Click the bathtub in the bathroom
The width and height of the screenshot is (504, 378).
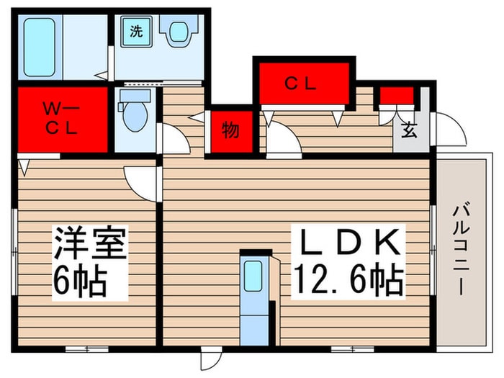(x=40, y=47)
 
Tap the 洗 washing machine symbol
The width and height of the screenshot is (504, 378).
(x=135, y=31)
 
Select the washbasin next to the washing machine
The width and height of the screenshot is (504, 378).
(x=177, y=32)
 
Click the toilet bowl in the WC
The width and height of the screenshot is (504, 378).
(x=133, y=115)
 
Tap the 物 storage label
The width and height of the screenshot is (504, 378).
(x=230, y=130)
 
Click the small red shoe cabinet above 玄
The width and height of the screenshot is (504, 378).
(x=397, y=95)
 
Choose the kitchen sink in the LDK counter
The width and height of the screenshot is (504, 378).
(x=253, y=276)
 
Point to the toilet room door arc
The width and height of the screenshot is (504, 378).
(x=174, y=138)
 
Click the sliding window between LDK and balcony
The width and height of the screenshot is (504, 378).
(x=433, y=230)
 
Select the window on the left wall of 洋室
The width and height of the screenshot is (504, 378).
(x=14, y=238)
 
